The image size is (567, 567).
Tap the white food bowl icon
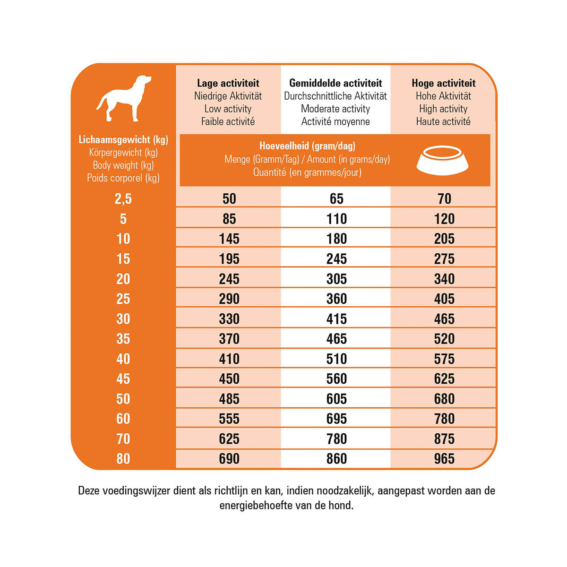click(443, 159)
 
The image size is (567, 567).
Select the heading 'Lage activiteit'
click(228, 83)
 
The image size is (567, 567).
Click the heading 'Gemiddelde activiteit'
click(335, 83)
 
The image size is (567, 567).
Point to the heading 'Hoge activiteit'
click(443, 83)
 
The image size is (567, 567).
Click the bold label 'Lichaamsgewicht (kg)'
click(123, 140)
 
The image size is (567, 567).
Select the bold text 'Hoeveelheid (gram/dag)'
click(307, 146)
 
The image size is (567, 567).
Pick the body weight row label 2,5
click(123, 199)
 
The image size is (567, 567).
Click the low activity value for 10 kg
click(229, 239)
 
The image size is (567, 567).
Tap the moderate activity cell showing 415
click(336, 319)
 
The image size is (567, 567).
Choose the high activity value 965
click(444, 459)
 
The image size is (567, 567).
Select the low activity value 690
click(229, 459)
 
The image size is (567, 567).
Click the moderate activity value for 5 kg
click(336, 219)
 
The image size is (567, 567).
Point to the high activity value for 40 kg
click(444, 359)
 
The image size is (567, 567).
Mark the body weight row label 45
click(123, 379)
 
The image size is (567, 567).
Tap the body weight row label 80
click(123, 459)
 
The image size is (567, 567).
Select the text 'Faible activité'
click(228, 121)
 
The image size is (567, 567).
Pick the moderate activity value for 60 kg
click(336, 419)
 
